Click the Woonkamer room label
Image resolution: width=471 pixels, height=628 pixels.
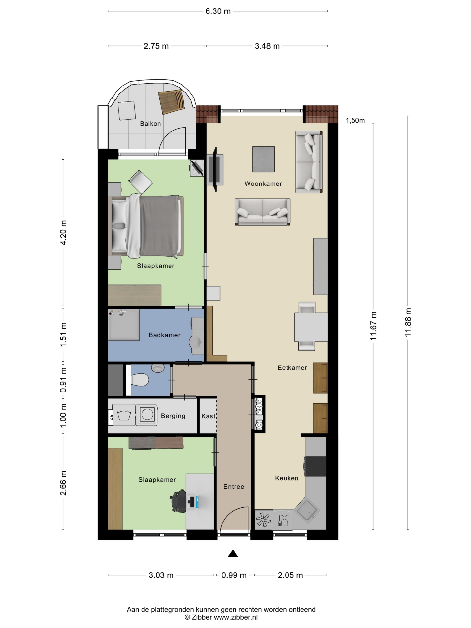tap(263, 184)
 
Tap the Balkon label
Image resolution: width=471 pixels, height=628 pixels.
tap(150, 123)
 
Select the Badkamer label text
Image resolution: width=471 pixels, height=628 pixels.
tap(164, 335)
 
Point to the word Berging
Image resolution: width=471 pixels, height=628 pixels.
tap(173, 416)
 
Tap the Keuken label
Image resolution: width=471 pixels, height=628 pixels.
tap(287, 478)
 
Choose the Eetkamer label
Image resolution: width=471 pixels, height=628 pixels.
tap(292, 368)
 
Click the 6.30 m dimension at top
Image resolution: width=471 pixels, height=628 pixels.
tap(218, 11)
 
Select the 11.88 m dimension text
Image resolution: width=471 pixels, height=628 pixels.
tap(408, 322)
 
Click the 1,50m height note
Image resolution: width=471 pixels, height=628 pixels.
tap(355, 121)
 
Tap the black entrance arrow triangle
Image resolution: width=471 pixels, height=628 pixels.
tap(233, 553)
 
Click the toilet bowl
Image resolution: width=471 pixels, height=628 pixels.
tap(140, 379)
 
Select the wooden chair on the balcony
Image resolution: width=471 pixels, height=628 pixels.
tap(172, 102)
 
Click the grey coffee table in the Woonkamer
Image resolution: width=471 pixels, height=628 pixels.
tap(263, 159)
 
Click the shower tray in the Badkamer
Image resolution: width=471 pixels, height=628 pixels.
tap(124, 325)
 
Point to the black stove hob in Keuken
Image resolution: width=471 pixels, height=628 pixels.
tap(315, 466)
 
